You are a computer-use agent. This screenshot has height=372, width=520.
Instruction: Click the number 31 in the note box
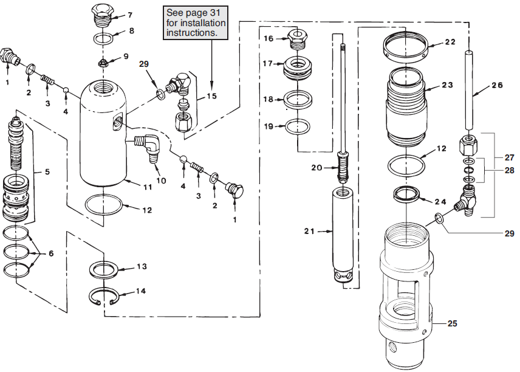(220, 13)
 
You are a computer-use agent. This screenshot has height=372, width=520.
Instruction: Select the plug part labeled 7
(101, 15)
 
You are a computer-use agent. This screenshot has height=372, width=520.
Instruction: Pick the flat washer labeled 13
(104, 269)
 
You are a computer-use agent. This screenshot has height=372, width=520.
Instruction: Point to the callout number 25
(453, 323)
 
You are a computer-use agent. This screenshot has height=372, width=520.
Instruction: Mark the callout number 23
(448, 86)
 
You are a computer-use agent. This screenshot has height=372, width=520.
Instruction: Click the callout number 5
(47, 172)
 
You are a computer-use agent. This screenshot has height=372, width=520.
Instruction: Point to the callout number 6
(50, 253)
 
